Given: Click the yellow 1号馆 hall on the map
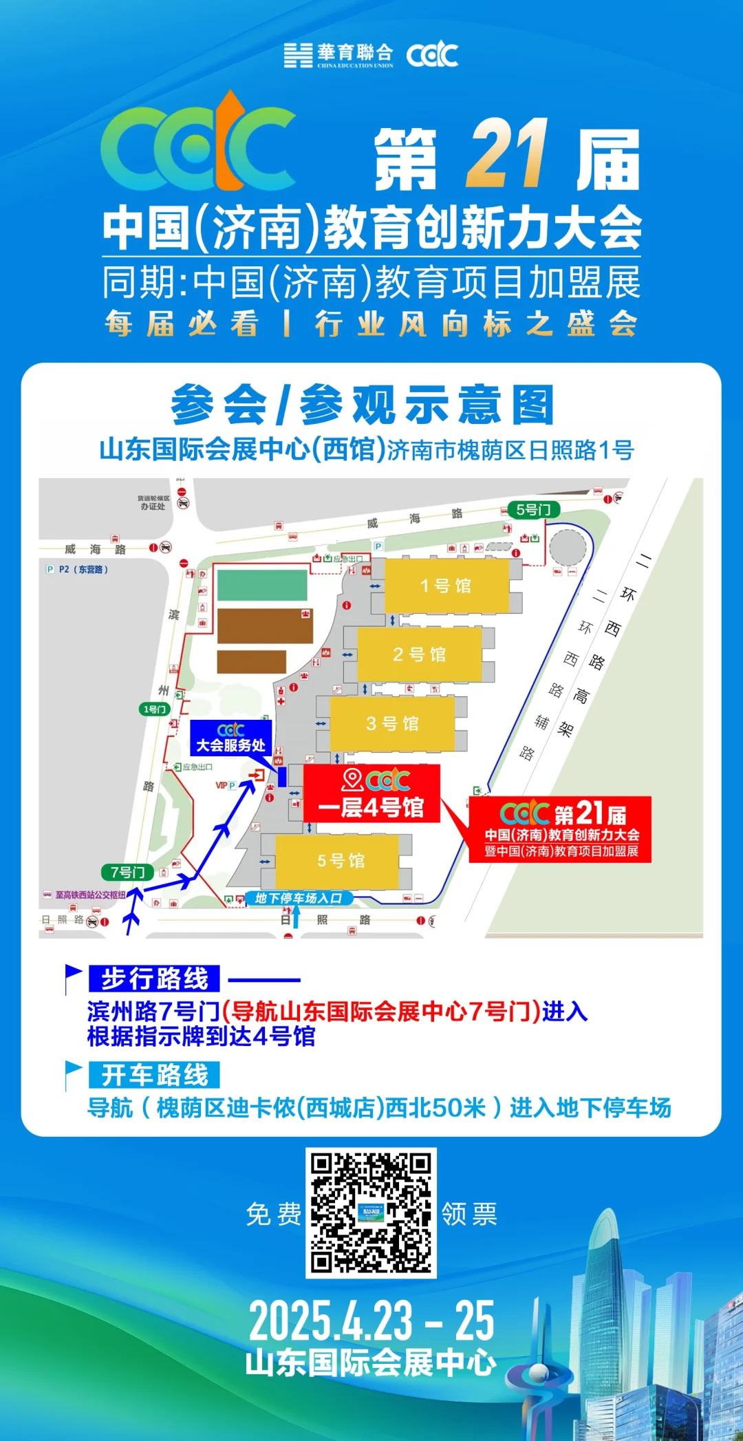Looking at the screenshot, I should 446,586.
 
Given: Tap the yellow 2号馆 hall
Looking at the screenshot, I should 419,654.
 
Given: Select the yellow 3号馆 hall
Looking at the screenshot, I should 392,723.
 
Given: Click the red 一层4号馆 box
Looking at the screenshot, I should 371,794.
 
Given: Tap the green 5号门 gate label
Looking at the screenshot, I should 533,510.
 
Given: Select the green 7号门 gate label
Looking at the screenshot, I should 127,873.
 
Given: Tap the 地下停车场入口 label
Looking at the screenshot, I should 299,898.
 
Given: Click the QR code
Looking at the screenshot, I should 371,1213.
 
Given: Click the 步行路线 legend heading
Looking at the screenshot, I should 154,979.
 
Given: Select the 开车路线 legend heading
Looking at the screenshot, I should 154,1075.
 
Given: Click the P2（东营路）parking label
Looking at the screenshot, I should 77,570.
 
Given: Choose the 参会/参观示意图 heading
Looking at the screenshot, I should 363,405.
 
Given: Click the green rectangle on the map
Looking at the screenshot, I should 262,586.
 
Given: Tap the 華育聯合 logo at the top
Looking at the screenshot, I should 338,54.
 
